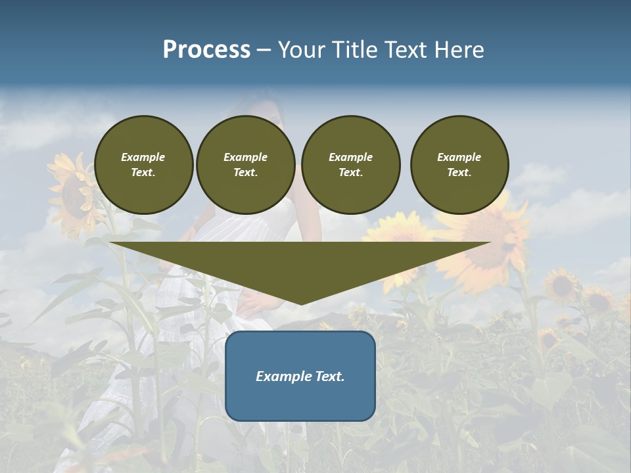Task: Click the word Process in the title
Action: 206,50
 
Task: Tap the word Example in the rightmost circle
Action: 459,157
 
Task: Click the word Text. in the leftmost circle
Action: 143,173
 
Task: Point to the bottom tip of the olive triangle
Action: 301,304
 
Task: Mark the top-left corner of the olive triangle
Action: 110,243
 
